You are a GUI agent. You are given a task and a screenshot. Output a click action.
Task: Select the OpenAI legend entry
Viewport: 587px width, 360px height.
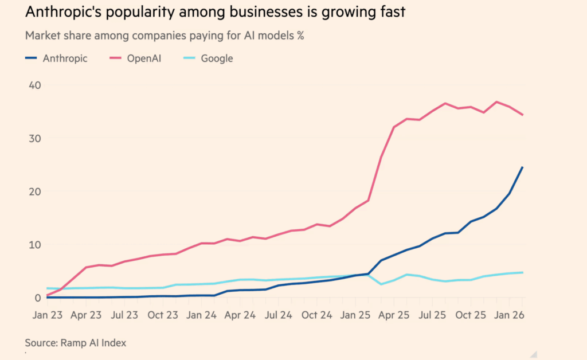pos(138,58)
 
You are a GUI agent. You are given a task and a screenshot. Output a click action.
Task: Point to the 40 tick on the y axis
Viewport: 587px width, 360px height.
pos(34,85)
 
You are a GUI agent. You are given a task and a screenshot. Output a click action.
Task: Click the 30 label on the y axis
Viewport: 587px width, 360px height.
pos(34,138)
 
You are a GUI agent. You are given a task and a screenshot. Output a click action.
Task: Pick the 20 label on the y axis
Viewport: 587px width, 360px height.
pos(34,191)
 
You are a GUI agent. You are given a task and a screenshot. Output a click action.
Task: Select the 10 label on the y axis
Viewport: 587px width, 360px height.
pos(34,245)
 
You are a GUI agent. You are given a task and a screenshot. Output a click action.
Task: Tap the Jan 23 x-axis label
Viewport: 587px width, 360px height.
pos(47,315)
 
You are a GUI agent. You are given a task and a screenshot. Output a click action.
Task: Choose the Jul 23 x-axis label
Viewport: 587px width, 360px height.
pos(124,315)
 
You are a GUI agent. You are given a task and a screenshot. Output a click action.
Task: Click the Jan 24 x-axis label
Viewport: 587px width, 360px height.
pos(202,315)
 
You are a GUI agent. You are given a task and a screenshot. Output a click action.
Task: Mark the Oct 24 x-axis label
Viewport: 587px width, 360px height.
pos(317,315)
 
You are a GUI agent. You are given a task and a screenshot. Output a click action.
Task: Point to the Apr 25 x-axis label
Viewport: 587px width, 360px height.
pos(395,315)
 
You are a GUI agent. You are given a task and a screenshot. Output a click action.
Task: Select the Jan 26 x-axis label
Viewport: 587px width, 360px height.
pos(510,315)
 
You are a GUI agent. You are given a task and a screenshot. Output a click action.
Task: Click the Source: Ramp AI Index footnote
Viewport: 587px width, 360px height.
pos(75,343)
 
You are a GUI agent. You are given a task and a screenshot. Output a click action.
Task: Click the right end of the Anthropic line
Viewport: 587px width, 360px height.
pos(522,167)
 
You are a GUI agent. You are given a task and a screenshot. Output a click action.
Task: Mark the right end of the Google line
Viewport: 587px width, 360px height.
pos(522,272)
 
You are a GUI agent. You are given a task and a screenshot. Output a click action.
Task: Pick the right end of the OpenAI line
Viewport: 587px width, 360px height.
pos(522,115)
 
